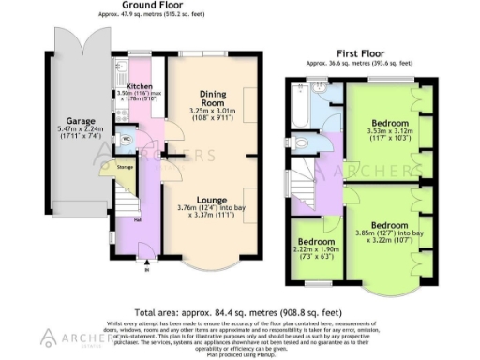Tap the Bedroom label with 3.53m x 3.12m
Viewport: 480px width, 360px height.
pos(387,123)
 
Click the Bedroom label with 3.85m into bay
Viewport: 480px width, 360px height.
pos(387,225)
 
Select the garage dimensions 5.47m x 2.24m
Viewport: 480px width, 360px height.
pos(69,133)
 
